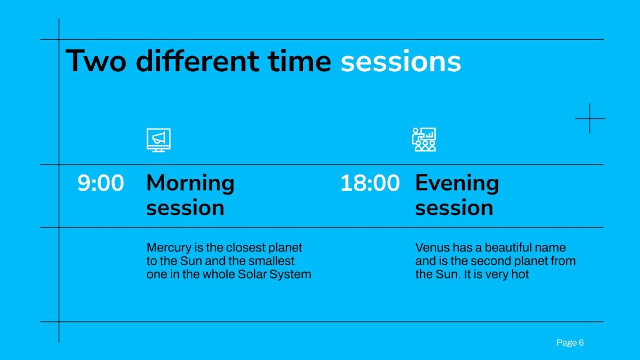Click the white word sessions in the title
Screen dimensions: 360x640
[400, 62]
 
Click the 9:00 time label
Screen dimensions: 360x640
[100, 184]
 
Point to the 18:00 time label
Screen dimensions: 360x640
[370, 184]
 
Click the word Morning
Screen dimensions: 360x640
[190, 183]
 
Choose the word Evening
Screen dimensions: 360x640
[457, 183]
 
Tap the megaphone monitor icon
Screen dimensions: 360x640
[158, 140]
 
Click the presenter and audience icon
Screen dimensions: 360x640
[424, 140]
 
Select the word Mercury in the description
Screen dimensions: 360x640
[166, 248]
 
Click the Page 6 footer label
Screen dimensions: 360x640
[570, 343]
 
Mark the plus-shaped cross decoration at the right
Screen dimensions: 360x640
[590, 118]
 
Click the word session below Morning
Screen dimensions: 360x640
[185, 208]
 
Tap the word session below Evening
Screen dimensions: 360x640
[454, 208]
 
